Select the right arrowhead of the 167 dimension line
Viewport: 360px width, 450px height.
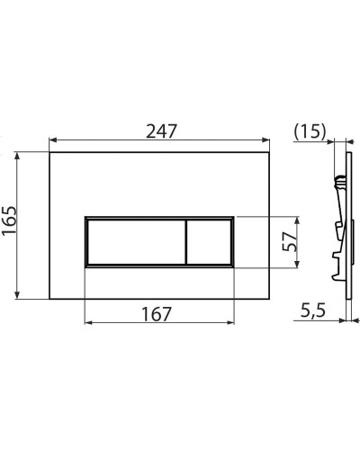pyautogui.click(x=231, y=323)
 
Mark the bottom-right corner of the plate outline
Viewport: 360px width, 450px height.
pyautogui.click(x=271, y=300)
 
